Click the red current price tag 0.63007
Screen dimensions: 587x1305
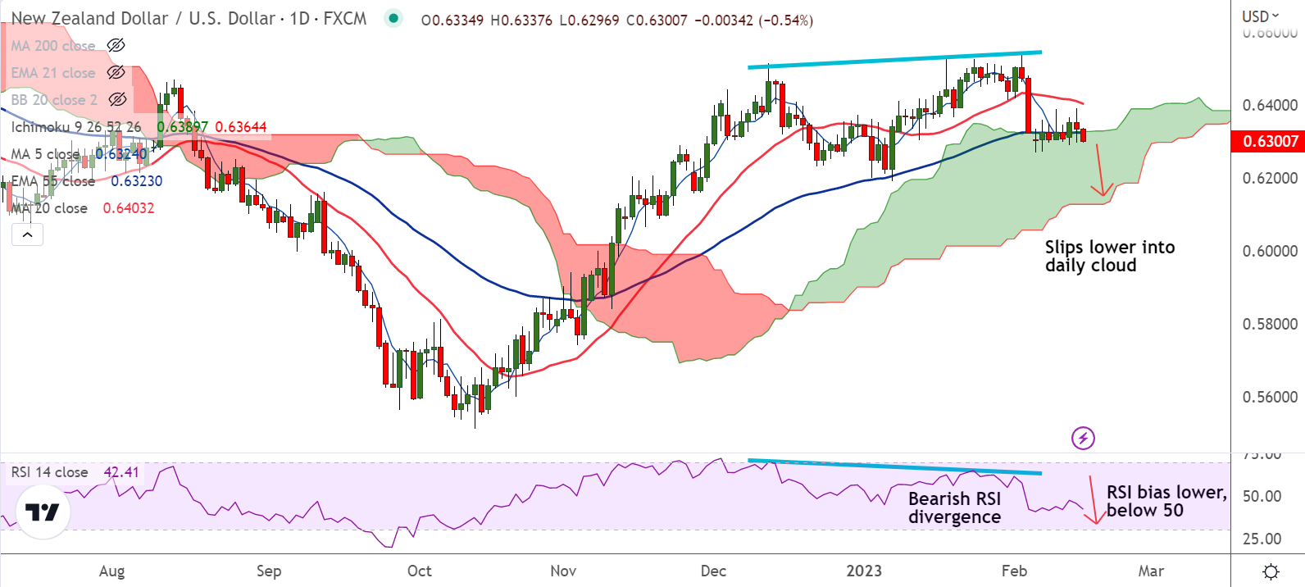pos(1270,141)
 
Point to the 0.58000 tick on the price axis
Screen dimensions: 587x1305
pos(1270,324)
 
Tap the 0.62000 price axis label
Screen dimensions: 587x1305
pos(1270,178)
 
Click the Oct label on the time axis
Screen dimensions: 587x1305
pos(419,571)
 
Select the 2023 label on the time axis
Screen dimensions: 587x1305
pos(863,571)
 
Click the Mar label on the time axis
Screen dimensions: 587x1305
pos(1150,571)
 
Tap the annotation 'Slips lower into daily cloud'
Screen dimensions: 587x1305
pos(1109,256)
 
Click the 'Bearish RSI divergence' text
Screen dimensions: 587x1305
pos(954,507)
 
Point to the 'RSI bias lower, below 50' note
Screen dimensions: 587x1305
pos(1166,501)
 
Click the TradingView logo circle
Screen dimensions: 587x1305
pos(43,512)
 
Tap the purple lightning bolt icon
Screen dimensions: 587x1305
pos(1083,439)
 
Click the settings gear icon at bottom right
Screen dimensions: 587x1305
pos(1271,571)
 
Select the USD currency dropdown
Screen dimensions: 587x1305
pos(1260,16)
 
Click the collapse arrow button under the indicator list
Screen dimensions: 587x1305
pos(27,234)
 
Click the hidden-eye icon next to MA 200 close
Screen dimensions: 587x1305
pos(116,45)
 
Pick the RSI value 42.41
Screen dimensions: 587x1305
pos(121,472)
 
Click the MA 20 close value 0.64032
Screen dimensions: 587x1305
pos(129,208)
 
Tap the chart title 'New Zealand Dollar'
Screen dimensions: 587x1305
pos(89,18)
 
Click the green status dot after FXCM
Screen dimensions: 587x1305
pos(394,18)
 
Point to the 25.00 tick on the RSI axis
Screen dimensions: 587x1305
pos(1262,539)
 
